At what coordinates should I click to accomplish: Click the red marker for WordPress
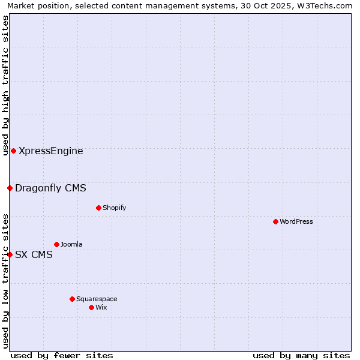click(x=275, y=221)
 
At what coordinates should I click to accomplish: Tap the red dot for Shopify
click(x=98, y=208)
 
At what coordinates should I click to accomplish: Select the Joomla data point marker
click(x=56, y=244)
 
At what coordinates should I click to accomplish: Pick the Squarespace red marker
click(x=72, y=299)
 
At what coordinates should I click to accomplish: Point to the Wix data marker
click(x=91, y=307)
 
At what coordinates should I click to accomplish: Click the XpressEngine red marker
click(x=13, y=151)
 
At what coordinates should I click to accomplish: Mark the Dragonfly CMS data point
click(x=10, y=188)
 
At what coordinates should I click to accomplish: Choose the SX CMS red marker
click(x=10, y=254)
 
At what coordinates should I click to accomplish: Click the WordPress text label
click(x=296, y=221)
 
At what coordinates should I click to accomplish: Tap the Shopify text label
click(x=114, y=208)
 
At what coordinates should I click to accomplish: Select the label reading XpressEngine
click(x=51, y=151)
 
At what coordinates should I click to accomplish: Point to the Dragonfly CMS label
click(x=50, y=188)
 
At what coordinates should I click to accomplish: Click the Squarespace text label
click(x=97, y=299)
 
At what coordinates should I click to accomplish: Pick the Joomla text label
click(x=71, y=244)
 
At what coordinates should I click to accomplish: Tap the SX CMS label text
click(x=34, y=254)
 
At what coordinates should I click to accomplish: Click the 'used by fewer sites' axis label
click(x=62, y=355)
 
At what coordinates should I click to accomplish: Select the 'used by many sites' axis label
click(x=301, y=355)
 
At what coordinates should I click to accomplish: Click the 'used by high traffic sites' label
click(x=5, y=85)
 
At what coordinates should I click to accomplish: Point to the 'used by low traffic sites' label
click(x=5, y=281)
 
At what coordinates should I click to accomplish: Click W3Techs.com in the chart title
click(x=325, y=5)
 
